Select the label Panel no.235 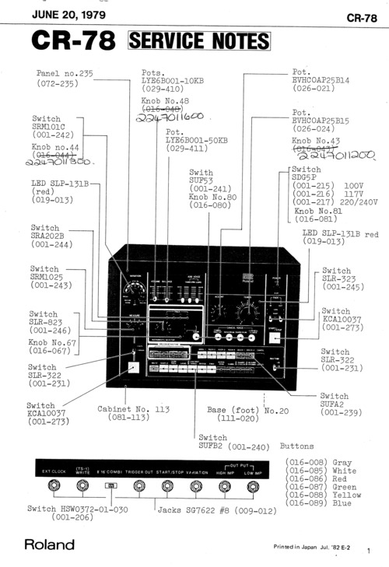65,73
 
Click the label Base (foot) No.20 247,410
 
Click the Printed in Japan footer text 311,548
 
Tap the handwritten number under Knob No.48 168,118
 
